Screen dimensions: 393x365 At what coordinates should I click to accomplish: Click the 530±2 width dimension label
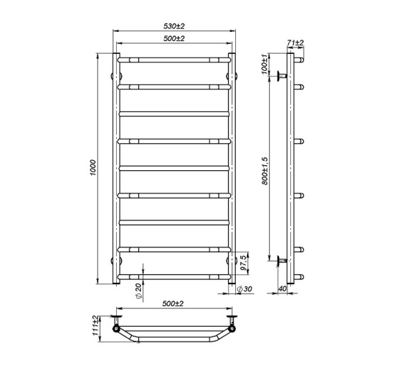[x=174, y=26]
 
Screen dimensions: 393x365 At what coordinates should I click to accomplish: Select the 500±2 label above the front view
[x=174, y=39]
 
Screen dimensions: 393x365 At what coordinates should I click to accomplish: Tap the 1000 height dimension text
[x=93, y=167]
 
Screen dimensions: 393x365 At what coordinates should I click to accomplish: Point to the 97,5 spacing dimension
[x=243, y=263]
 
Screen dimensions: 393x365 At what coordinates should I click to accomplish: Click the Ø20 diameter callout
[x=139, y=292]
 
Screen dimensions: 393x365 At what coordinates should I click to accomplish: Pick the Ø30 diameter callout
[x=244, y=289]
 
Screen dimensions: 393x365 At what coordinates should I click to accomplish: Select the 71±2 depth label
[x=295, y=43]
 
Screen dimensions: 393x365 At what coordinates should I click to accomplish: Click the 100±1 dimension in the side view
[x=264, y=64]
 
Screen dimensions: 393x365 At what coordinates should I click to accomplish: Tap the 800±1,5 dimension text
[x=265, y=171]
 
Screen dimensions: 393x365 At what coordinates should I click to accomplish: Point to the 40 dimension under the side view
[x=283, y=288]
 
